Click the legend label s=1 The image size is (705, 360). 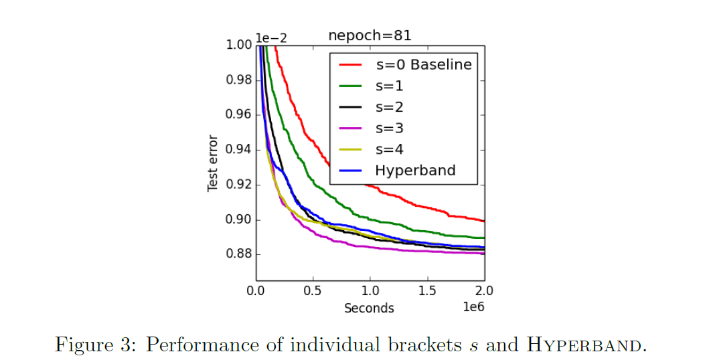389,86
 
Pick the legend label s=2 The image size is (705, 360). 389,107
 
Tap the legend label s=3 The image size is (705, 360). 389,128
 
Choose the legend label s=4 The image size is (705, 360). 389,149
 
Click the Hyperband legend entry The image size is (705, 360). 414,170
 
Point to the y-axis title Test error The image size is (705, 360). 214,163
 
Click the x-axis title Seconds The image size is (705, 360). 369,308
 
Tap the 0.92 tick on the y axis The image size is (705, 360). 238,185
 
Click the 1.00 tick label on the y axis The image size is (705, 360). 238,45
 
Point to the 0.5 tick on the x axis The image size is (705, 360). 313,291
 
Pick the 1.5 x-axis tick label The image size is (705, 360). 427,291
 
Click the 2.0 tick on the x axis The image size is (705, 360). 484,291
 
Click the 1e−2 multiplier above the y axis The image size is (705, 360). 271,37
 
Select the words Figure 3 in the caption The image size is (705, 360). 94,345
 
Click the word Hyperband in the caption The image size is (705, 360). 586,345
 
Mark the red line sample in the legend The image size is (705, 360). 351,65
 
